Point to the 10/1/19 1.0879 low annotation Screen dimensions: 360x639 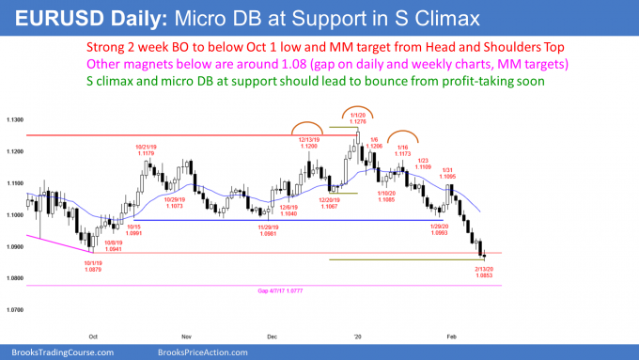[x=93, y=269]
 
